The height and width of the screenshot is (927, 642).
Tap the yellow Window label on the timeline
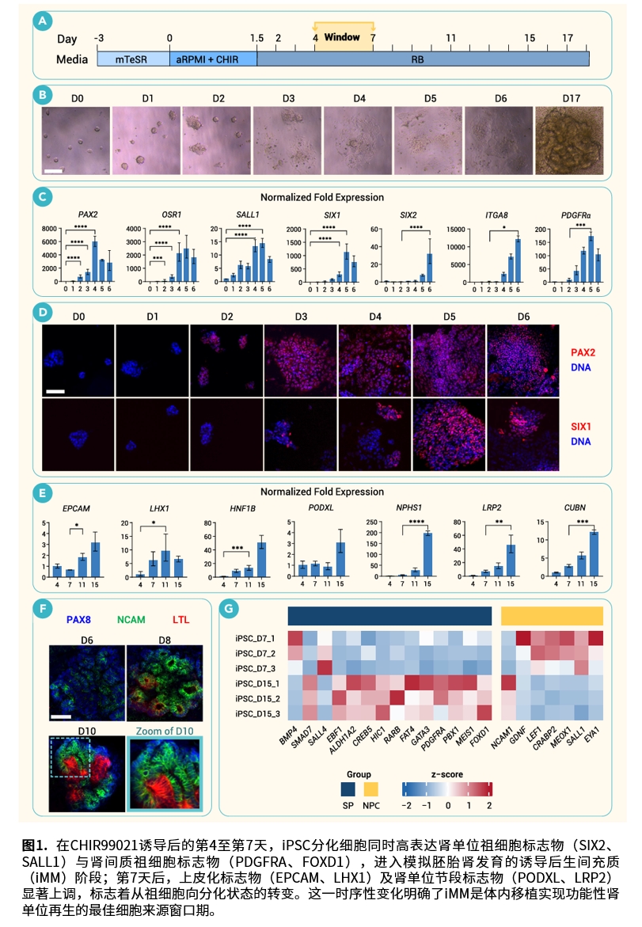point(342,37)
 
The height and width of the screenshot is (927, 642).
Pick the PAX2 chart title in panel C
point(89,214)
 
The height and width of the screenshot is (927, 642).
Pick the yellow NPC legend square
point(371,788)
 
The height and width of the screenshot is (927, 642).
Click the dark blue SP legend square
point(348,788)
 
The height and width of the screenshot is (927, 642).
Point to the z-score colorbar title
point(447,773)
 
